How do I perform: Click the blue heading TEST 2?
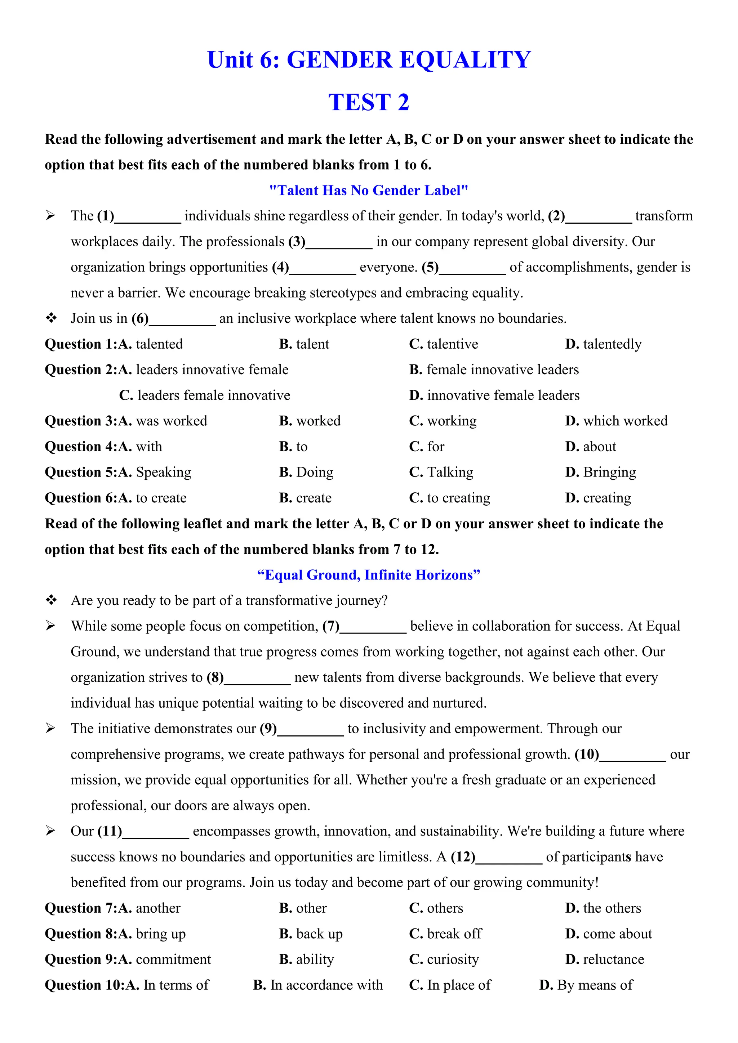369,102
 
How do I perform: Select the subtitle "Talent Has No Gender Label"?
369,190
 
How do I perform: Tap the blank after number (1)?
148,217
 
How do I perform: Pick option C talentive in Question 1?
444,344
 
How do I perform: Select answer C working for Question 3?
443,421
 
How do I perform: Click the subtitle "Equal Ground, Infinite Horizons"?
369,575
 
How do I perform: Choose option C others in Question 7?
436,909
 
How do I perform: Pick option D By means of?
586,985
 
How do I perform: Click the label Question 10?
84,985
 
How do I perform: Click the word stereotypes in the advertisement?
342,293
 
